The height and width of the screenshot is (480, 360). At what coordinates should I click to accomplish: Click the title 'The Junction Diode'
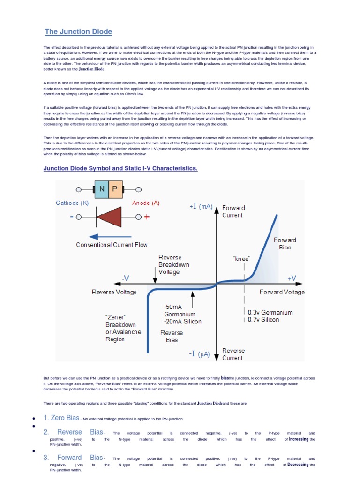click(78, 32)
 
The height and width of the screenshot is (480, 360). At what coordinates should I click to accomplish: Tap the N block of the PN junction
click(102, 190)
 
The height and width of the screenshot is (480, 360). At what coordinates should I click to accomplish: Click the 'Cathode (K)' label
click(72, 203)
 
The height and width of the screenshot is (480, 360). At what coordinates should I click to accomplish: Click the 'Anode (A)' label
click(146, 203)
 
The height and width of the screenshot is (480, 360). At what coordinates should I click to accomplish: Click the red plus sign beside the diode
click(147, 217)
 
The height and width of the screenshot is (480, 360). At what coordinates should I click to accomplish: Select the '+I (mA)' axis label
click(201, 207)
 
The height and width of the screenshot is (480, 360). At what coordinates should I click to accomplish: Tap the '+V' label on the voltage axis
click(292, 278)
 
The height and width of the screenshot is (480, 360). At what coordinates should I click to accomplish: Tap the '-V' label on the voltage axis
click(125, 278)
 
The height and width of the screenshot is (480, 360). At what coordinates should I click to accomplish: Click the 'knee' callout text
click(241, 258)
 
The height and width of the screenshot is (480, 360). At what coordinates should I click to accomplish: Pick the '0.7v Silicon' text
click(263, 320)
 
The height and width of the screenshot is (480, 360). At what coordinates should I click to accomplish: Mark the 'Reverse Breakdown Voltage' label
click(173, 264)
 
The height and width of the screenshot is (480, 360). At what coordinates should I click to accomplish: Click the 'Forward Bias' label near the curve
click(285, 243)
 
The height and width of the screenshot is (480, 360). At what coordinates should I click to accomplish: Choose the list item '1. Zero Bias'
click(61, 418)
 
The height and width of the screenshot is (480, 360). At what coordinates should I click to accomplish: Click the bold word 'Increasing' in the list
click(299, 439)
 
